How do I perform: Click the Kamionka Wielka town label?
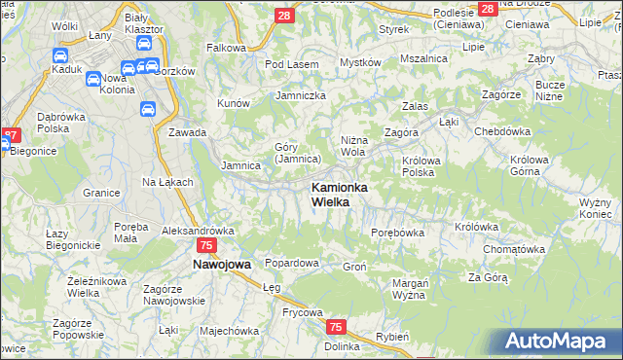[x=336, y=194]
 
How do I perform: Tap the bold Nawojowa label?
[x=221, y=264]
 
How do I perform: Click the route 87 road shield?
[x=10, y=135]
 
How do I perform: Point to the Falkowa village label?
[x=226, y=47]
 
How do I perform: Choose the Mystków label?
[x=359, y=62]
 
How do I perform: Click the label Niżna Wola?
[x=353, y=146]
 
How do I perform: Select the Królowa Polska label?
[x=421, y=165]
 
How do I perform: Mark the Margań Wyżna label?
[x=410, y=288]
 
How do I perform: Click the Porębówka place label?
[x=398, y=233]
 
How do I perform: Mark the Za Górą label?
[x=488, y=277]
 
